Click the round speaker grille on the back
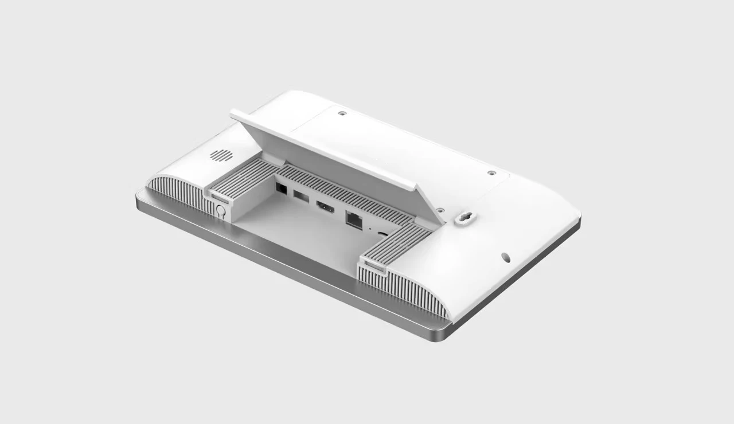[x=221, y=155]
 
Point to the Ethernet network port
[x=353, y=219]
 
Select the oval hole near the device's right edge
[x=506, y=257]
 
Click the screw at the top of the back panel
[x=342, y=113]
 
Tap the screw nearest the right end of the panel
[x=491, y=172]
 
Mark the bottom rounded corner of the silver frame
[x=442, y=337]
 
